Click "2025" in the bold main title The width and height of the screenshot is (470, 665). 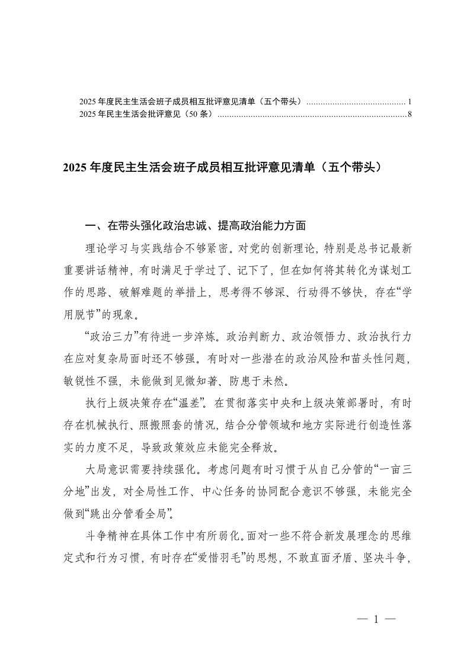(74, 168)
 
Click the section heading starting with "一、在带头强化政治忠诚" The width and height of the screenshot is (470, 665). (196, 226)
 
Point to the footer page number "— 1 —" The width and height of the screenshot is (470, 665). (376, 620)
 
